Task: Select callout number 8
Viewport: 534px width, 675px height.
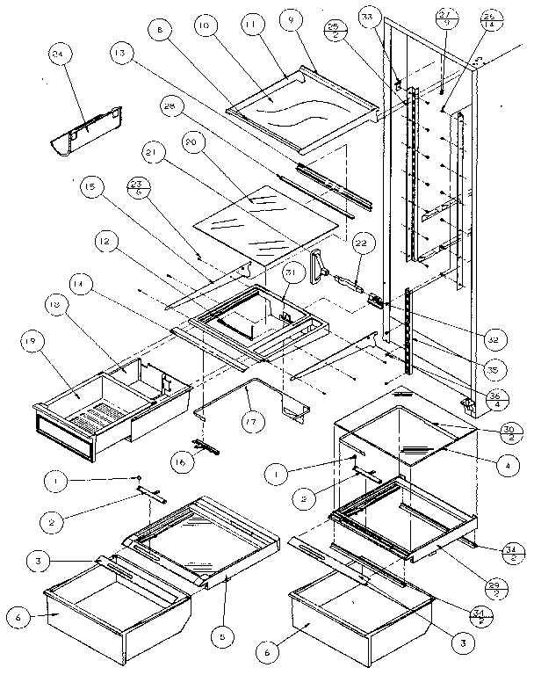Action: click(x=159, y=30)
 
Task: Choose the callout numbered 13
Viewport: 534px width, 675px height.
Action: click(x=119, y=54)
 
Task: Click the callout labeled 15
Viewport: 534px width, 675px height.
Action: click(x=94, y=188)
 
